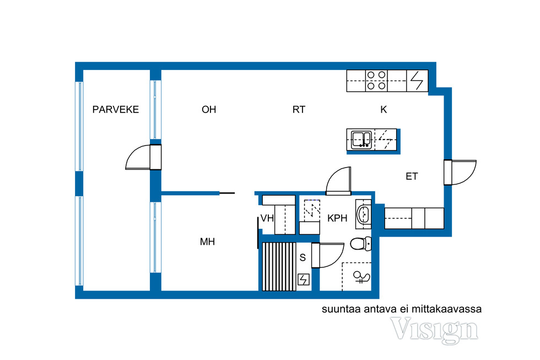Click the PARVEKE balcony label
(116, 110)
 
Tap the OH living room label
(209, 110)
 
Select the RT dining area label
(299, 110)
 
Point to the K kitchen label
(384, 110)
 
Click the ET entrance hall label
(412, 177)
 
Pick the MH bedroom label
(207, 241)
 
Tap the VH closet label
(267, 218)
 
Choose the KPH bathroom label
(337, 218)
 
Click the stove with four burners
(376, 80)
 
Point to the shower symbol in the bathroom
(361, 277)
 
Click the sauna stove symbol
(304, 280)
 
